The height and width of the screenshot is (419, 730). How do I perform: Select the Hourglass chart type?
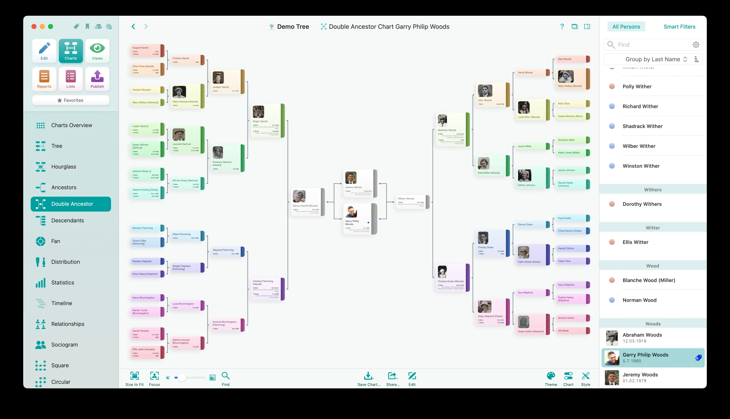point(63,167)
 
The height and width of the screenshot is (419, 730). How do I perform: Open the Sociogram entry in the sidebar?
point(64,345)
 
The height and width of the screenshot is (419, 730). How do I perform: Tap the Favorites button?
point(71,100)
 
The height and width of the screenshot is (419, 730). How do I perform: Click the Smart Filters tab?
point(679,27)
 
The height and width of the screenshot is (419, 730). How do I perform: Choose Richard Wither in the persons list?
point(640,106)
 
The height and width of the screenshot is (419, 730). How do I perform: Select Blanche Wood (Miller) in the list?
point(649,280)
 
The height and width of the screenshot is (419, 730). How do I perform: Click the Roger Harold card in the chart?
point(267,121)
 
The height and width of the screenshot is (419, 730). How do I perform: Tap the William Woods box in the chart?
point(411,202)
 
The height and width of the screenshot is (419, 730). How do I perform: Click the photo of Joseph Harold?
point(218,78)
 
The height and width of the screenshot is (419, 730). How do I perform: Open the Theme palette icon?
point(551,376)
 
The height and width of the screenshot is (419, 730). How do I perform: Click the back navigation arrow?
point(133,27)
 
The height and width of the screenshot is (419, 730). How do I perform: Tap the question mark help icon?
point(562,27)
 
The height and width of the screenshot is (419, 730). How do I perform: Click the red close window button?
point(34,27)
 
